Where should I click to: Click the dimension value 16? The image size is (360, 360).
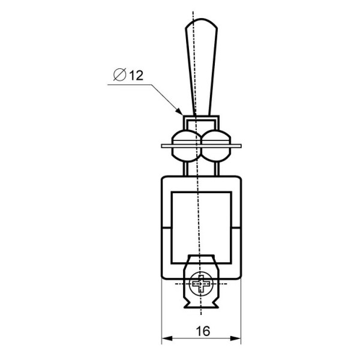203,331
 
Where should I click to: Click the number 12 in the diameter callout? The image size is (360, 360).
136,76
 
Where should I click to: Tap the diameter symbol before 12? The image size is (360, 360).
119,74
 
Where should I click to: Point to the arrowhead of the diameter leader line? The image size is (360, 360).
179,111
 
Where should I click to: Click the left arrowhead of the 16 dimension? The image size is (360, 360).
167,338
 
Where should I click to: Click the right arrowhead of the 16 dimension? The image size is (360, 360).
236,338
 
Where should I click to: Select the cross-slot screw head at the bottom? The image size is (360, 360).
201,284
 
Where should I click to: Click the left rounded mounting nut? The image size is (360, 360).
187,146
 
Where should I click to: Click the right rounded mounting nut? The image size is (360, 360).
216,146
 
